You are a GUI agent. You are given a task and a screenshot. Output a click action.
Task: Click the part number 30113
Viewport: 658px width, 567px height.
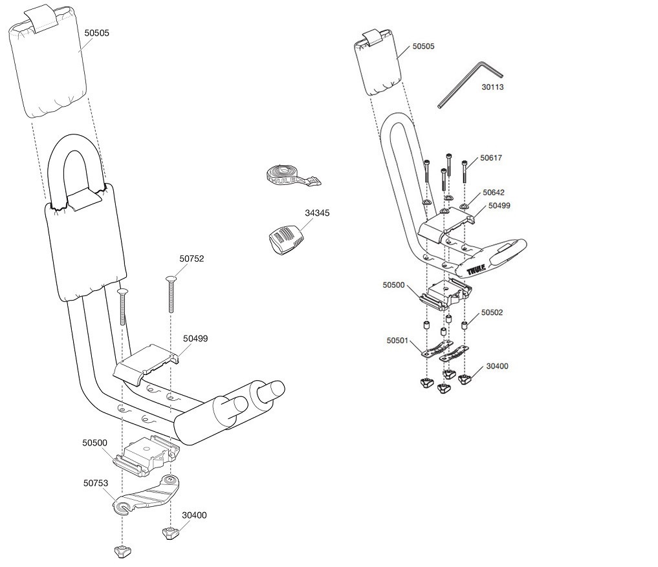pos(492,87)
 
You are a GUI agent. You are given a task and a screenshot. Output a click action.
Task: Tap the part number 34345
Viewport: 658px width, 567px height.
pos(318,212)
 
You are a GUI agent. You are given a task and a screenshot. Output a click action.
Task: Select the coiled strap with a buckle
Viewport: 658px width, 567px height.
pos(291,175)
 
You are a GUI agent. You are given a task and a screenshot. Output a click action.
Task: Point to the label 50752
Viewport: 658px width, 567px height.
pos(192,259)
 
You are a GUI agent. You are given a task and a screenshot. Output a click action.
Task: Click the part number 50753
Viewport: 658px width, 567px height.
pos(95,482)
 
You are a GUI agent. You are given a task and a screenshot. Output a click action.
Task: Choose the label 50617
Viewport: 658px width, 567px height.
pos(491,158)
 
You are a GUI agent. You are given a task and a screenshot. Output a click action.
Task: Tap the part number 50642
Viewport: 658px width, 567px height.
pos(494,193)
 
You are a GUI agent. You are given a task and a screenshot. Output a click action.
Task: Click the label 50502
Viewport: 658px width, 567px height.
pos(492,312)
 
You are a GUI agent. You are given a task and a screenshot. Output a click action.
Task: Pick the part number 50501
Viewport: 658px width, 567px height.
pos(399,340)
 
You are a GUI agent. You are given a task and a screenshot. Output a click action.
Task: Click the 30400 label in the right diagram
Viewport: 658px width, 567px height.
pos(497,366)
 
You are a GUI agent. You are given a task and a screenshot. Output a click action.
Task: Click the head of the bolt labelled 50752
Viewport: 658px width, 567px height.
pos(171,278)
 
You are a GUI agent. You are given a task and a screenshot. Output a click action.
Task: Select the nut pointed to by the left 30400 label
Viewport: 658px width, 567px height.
pos(169,533)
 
